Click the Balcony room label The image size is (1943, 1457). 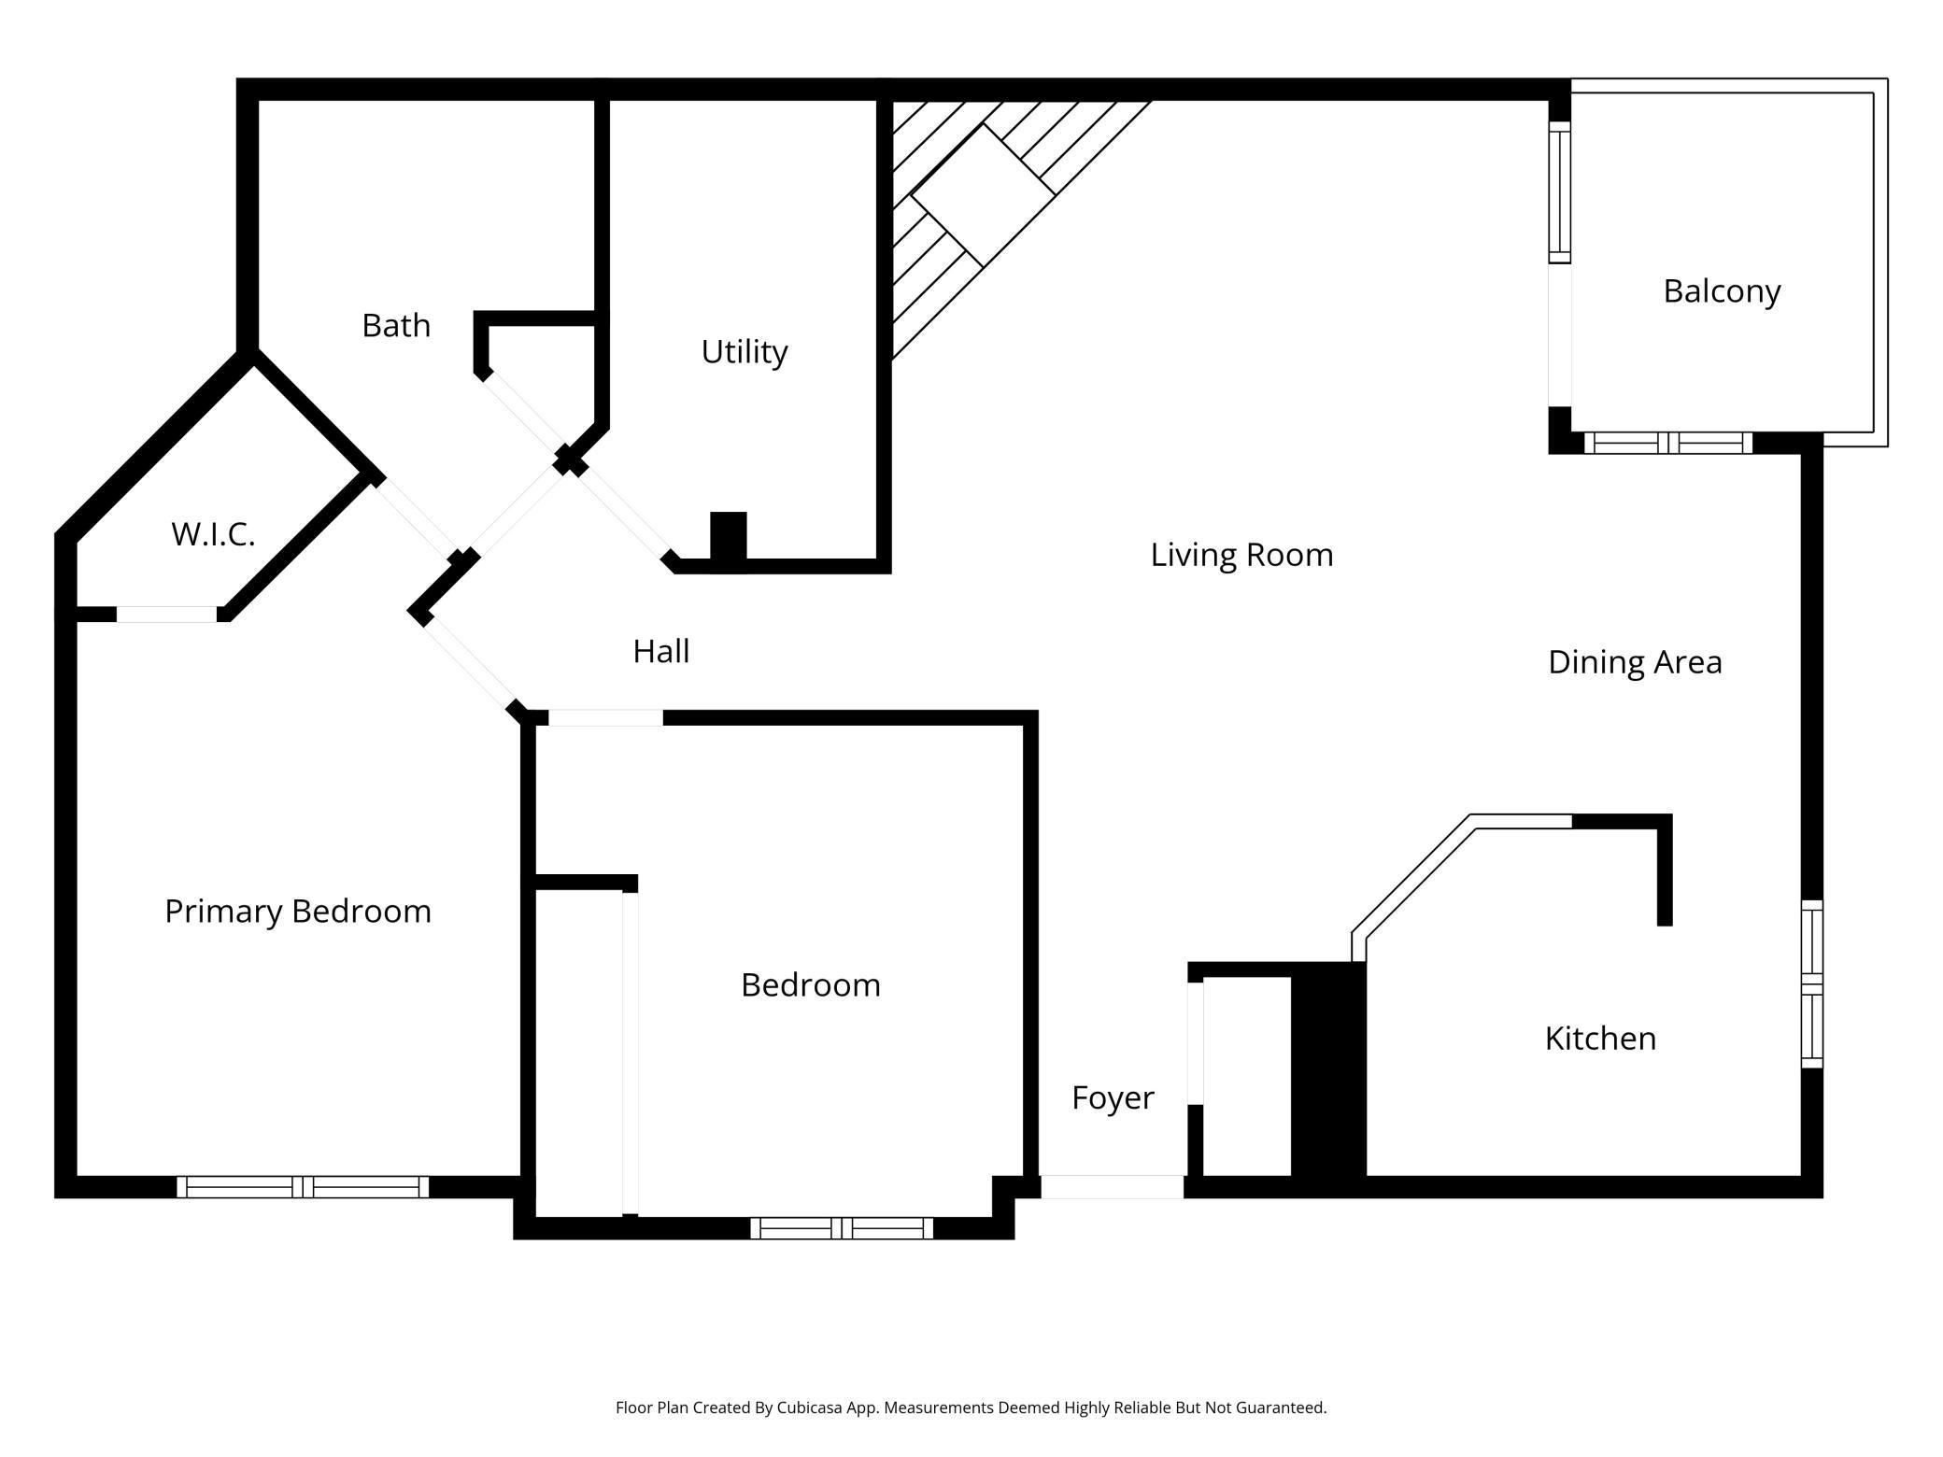[1721, 291]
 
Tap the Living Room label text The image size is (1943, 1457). [1241, 555]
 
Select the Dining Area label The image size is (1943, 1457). [1634, 662]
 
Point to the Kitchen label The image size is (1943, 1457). [1599, 1039]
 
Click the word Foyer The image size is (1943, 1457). [1112, 1097]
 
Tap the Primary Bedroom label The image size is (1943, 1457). [297, 912]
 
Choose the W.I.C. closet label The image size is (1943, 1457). [213, 534]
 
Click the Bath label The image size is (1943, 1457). [396, 326]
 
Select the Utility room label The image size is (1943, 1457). [744, 352]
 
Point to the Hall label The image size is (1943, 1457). [660, 651]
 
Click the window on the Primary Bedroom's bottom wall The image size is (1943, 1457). [302, 1187]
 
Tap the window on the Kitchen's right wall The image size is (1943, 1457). [1811, 983]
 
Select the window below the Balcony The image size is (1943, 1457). [1667, 443]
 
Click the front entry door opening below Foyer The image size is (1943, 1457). [1112, 1187]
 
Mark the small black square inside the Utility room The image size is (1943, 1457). [728, 536]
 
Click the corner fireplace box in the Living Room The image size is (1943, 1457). [983, 194]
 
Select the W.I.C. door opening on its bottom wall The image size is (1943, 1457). [166, 614]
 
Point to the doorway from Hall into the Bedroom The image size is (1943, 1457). [605, 717]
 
